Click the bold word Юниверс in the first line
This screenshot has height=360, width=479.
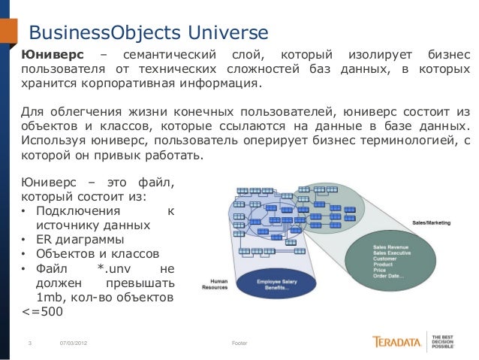[x=53, y=55]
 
